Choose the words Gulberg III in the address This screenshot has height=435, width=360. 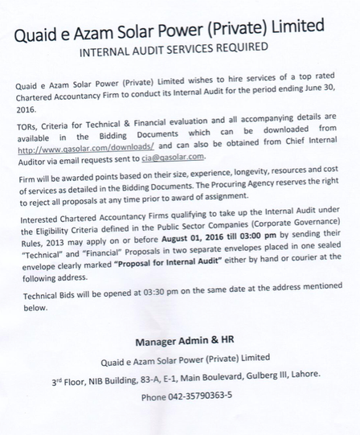click(x=262, y=376)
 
